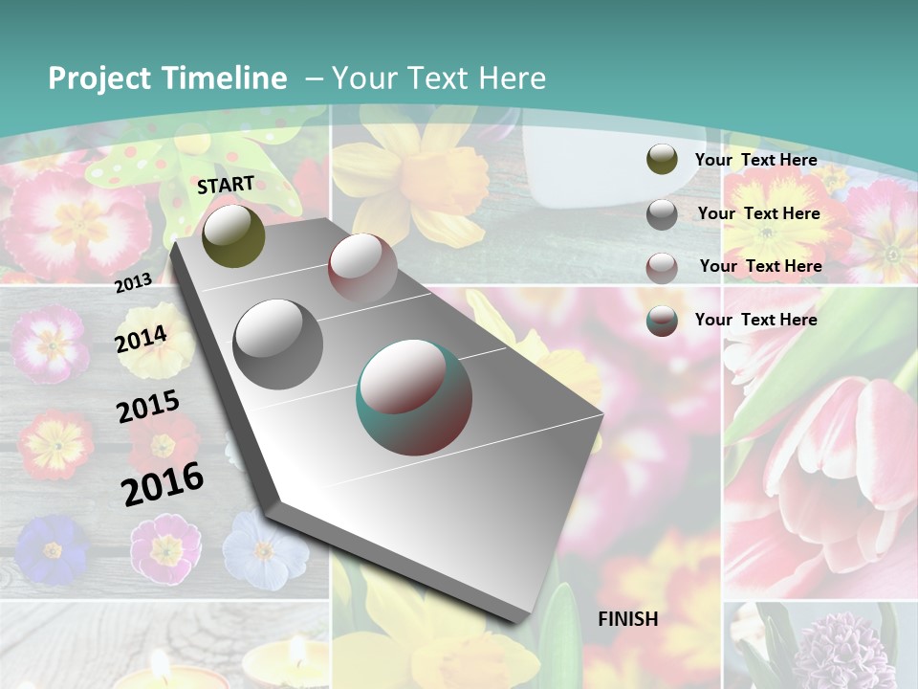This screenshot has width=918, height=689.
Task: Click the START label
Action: (226, 185)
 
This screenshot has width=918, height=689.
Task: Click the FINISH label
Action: (628, 619)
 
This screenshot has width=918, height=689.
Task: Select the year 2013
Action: (133, 282)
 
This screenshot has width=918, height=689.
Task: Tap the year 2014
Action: (141, 339)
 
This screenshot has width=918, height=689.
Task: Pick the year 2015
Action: (147, 407)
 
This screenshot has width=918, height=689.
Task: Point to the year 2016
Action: (163, 483)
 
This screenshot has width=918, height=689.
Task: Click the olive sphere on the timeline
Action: (233, 235)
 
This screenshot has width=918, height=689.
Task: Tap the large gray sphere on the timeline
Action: (278, 344)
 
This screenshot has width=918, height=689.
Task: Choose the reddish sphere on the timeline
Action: (362, 269)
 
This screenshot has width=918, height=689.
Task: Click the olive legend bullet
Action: (662, 160)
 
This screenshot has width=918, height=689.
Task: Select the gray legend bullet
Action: (662, 214)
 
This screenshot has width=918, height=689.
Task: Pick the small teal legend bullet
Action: (662, 321)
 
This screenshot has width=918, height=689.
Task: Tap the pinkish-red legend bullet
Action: (662, 268)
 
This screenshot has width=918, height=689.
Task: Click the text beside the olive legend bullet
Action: (755, 160)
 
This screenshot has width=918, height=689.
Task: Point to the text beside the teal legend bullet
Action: (755, 320)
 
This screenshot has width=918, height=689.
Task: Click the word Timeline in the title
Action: (219, 78)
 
